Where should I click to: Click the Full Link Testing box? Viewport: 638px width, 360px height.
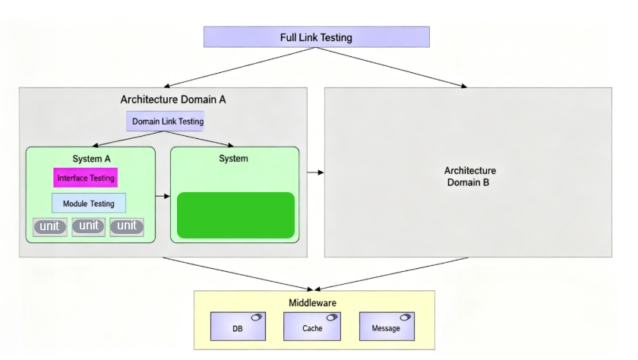click(x=316, y=37)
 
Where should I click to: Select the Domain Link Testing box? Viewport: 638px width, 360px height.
click(x=167, y=122)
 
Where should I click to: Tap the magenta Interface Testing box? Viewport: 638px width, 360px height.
click(x=86, y=178)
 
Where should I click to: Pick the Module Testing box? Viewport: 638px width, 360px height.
click(x=89, y=204)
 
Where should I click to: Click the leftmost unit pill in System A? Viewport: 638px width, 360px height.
click(x=50, y=226)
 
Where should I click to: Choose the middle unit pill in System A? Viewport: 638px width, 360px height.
click(x=89, y=226)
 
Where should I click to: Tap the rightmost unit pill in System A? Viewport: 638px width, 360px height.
click(x=127, y=226)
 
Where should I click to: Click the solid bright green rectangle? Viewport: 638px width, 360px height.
click(x=235, y=215)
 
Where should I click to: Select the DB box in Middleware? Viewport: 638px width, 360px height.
click(x=237, y=327)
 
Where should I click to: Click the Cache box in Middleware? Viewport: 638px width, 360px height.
click(x=312, y=327)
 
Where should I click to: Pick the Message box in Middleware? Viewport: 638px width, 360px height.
click(x=387, y=327)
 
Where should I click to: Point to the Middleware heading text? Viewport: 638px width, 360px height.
click(x=312, y=303)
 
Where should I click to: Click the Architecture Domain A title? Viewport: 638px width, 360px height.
click(x=173, y=99)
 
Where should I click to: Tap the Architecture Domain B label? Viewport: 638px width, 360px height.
click(x=470, y=177)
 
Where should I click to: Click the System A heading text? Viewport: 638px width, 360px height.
click(x=91, y=159)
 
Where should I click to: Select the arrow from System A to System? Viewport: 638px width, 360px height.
click(x=163, y=196)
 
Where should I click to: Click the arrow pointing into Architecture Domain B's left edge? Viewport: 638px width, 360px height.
click(x=316, y=172)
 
